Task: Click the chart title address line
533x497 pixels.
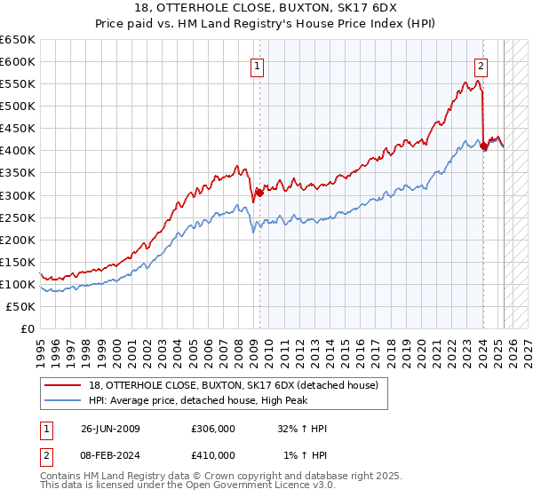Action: pyautogui.click(x=266, y=11)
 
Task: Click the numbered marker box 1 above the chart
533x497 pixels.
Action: pyautogui.click(x=258, y=65)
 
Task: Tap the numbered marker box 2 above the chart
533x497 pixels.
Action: pyautogui.click(x=481, y=65)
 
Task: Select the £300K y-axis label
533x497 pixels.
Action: pyautogui.click(x=20, y=195)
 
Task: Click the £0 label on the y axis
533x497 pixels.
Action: pyautogui.click(x=28, y=328)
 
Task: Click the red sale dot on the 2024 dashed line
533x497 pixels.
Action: pyautogui.click(x=483, y=146)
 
